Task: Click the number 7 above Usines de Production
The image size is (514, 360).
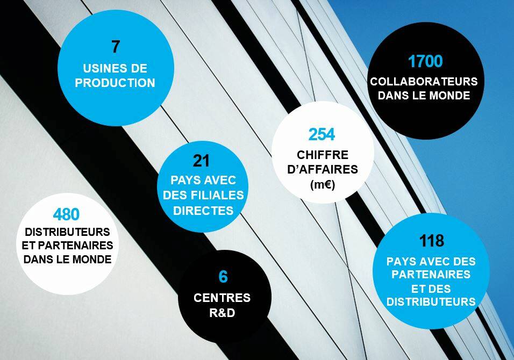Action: [x=116, y=47]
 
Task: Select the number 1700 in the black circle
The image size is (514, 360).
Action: [x=425, y=62]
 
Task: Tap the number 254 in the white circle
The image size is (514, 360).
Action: [x=322, y=134]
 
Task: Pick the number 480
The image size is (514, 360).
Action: [x=66, y=215]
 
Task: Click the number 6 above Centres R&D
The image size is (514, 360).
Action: [x=223, y=277]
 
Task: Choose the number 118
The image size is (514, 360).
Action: [x=432, y=241]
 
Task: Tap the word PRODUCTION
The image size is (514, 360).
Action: [x=115, y=83]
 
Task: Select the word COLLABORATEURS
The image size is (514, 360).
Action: [x=424, y=82]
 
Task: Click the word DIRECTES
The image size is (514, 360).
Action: [x=203, y=210]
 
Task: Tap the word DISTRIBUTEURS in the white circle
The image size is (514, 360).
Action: [x=68, y=232]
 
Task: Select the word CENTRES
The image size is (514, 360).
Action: [x=222, y=298]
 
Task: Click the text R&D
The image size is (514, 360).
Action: [x=222, y=312]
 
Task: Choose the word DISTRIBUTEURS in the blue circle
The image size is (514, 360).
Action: [x=431, y=302]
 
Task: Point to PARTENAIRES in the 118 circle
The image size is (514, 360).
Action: [x=431, y=275]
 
